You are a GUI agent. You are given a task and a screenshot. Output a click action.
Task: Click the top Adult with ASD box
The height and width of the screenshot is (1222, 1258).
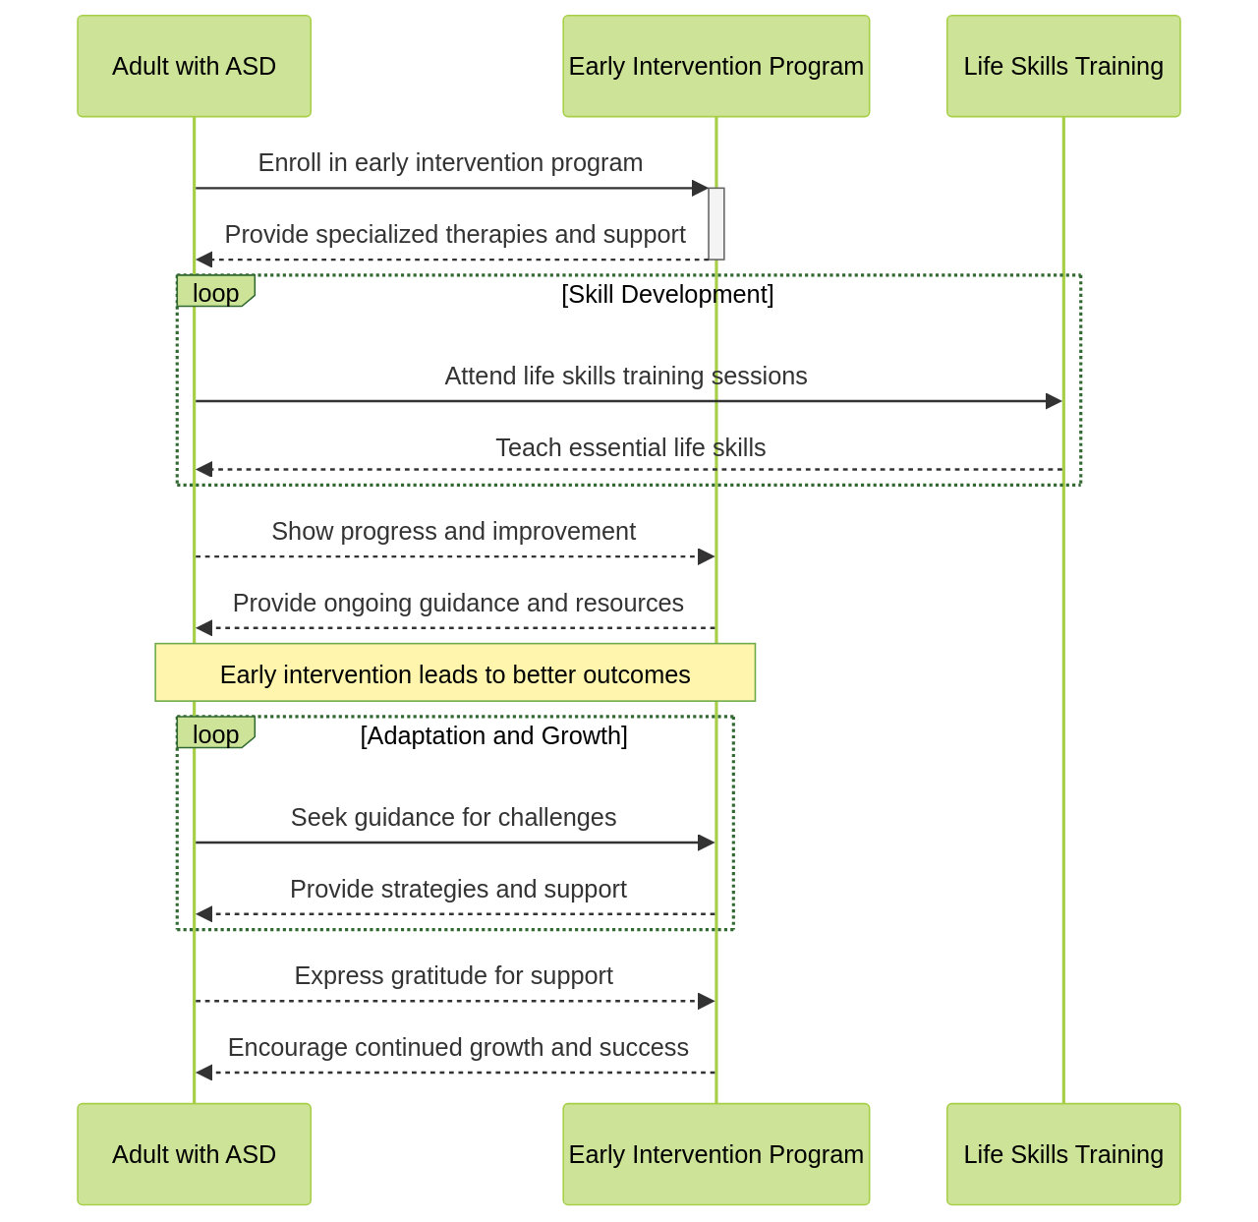pos(194,66)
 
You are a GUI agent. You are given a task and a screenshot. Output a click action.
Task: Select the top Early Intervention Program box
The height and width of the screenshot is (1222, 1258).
pos(715,66)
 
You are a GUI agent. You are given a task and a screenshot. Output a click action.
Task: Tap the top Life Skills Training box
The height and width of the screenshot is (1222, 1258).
pos(1062,66)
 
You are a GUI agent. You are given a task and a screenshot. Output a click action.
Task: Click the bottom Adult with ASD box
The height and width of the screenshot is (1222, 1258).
pos(194,1153)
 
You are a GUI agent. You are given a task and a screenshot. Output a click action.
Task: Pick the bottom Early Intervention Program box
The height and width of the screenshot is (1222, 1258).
pos(715,1153)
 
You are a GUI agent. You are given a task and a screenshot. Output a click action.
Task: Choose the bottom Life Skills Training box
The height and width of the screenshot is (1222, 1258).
pos(1062,1153)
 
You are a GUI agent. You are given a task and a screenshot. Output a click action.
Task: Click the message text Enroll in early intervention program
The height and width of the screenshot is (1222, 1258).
pos(450,162)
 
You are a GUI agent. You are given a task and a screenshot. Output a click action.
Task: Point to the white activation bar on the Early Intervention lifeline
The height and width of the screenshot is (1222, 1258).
pos(716,223)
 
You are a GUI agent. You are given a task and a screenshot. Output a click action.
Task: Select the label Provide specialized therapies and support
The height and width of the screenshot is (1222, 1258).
pos(455,234)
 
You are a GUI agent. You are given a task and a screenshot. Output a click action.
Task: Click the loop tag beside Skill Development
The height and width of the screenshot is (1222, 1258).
pos(215,292)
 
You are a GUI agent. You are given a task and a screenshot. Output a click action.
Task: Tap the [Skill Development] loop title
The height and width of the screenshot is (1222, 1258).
pos(667,294)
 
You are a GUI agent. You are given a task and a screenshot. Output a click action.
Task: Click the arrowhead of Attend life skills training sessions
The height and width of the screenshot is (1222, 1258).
pos(1054,401)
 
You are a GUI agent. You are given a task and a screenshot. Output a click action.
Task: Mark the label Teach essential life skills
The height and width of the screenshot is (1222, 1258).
pos(630,447)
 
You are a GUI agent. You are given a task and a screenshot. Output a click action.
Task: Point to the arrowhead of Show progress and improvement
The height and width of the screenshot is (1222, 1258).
pos(706,556)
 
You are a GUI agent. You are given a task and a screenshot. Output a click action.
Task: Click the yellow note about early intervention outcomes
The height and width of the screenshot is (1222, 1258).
pos(455,673)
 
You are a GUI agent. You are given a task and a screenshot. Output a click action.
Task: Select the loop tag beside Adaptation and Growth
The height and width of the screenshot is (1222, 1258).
pos(215,733)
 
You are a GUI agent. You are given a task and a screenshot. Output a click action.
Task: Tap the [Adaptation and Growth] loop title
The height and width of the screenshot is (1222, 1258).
pos(493,735)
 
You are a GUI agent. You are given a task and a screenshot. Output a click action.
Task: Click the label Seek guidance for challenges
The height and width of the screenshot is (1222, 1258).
pos(453,817)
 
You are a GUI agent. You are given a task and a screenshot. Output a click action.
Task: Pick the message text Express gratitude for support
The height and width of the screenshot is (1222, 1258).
pos(453,975)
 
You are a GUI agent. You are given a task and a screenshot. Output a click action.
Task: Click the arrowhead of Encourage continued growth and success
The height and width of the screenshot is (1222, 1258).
pos(204,1073)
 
